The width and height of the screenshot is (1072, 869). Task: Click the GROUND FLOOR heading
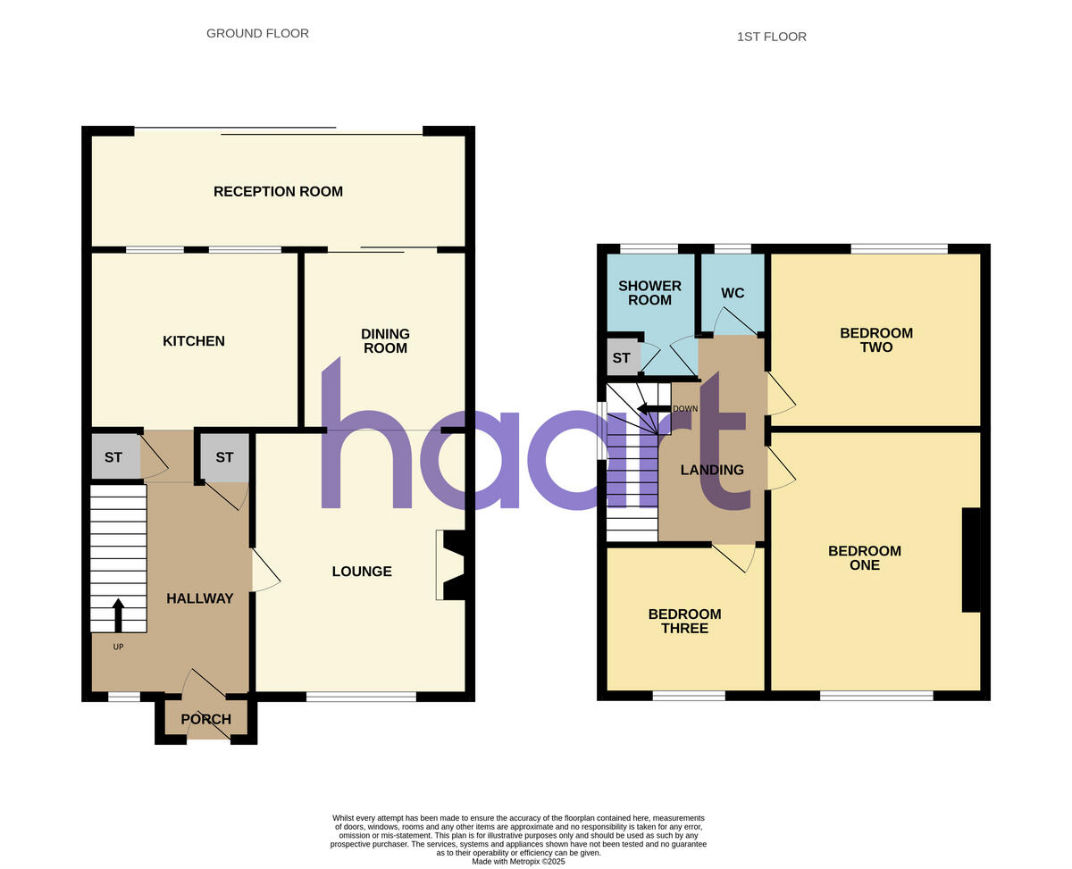pyautogui.click(x=257, y=34)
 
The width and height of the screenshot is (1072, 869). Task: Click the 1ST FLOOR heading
pyautogui.click(x=771, y=38)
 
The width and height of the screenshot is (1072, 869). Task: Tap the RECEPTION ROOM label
pyautogui.click(x=278, y=192)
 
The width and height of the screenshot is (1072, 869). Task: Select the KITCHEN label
pyautogui.click(x=194, y=341)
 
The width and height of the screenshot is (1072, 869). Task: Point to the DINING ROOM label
pyautogui.click(x=385, y=341)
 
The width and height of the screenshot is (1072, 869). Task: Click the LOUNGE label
pyautogui.click(x=362, y=572)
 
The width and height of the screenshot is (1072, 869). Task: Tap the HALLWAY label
pyautogui.click(x=199, y=598)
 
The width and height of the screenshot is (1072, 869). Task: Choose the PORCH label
pyautogui.click(x=205, y=720)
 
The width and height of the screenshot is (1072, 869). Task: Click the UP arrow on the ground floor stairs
pyautogui.click(x=118, y=614)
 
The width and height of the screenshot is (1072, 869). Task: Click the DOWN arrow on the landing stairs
pyautogui.click(x=654, y=409)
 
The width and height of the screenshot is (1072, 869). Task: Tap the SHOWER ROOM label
pyautogui.click(x=649, y=293)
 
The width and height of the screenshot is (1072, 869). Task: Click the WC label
pyautogui.click(x=733, y=293)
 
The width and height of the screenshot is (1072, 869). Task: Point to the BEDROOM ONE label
pyautogui.click(x=864, y=558)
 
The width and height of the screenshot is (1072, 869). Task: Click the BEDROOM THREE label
pyautogui.click(x=684, y=621)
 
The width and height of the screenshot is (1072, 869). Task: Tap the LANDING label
pyautogui.click(x=712, y=470)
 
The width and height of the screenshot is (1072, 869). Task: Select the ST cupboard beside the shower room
pyautogui.click(x=622, y=358)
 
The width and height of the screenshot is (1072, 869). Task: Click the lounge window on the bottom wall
pyautogui.click(x=361, y=697)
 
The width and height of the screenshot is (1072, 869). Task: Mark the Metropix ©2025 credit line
pyautogui.click(x=518, y=861)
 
